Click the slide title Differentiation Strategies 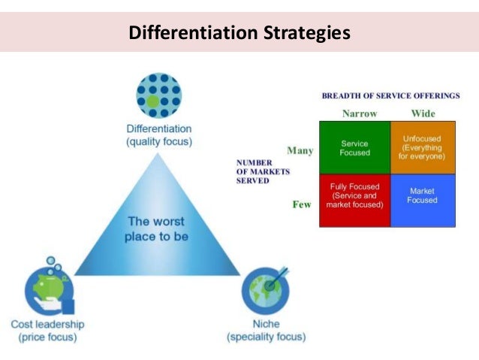click(x=239, y=33)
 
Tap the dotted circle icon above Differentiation click(x=158, y=95)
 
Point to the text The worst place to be click(x=157, y=228)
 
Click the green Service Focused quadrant click(x=354, y=147)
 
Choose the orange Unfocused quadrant click(x=423, y=147)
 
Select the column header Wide click(x=423, y=113)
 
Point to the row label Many click(x=300, y=150)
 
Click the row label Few click(x=302, y=204)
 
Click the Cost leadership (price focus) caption click(x=47, y=331)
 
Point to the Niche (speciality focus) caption click(x=267, y=331)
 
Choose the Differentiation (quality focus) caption click(x=159, y=135)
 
